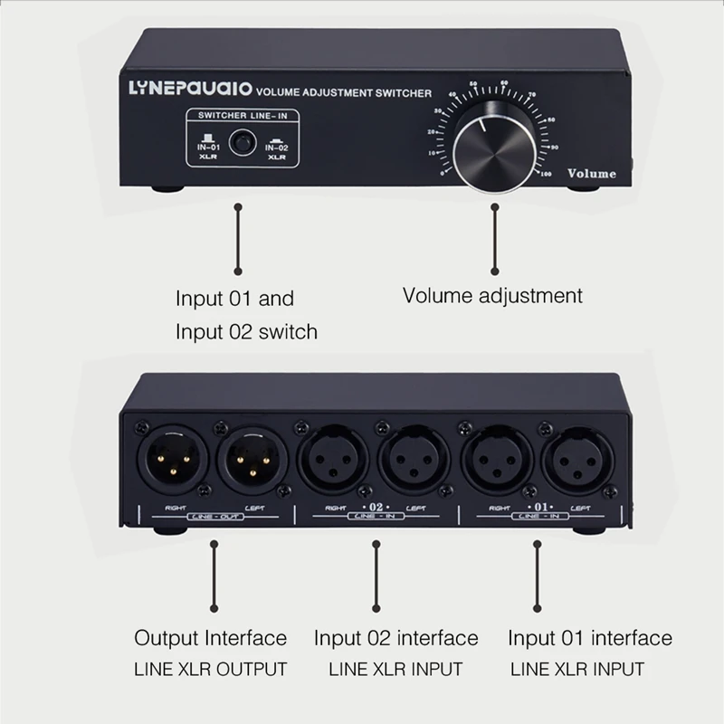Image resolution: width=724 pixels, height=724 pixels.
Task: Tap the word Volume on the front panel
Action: [x=591, y=173]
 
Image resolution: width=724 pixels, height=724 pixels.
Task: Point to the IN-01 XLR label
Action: [x=209, y=150]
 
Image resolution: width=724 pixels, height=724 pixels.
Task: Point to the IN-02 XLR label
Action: [x=277, y=150]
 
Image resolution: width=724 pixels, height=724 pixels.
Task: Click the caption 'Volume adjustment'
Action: [x=492, y=295]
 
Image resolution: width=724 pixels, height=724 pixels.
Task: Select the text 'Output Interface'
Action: [x=210, y=638]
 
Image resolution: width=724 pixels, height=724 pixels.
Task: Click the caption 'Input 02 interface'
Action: [x=395, y=638]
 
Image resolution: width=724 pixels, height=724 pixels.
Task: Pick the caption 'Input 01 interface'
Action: [x=590, y=638]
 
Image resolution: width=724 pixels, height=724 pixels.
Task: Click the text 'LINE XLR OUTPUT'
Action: [x=210, y=670]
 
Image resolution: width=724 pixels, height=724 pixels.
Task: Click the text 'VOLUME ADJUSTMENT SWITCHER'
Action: [x=345, y=92]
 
